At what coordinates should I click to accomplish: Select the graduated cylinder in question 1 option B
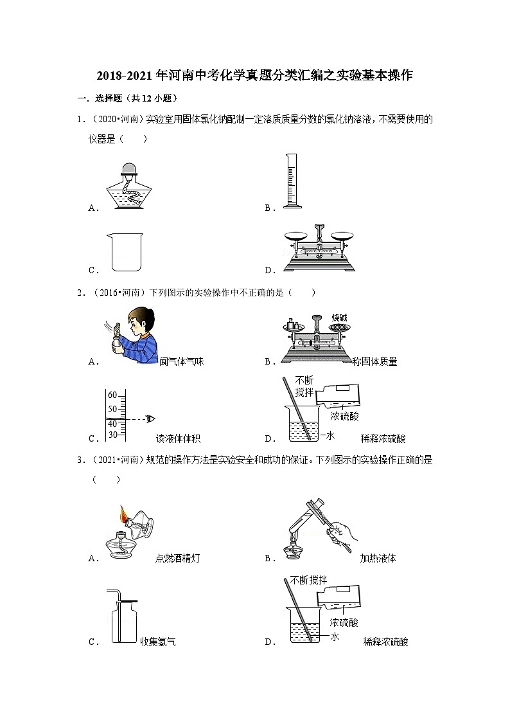pos(291,181)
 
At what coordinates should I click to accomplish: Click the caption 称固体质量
pos(375,361)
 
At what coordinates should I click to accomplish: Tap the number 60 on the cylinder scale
pos(112,395)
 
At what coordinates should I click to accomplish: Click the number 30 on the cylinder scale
pos(112,435)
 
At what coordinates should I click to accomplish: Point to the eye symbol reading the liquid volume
pos(150,419)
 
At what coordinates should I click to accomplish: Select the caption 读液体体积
pos(179,438)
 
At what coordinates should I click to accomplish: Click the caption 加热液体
pos(378,558)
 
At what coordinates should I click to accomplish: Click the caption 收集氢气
pos(158,641)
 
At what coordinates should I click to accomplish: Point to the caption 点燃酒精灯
pos(177,558)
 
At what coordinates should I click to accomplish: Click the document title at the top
pos(254,75)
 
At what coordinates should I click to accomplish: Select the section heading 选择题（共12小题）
pos(127,98)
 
